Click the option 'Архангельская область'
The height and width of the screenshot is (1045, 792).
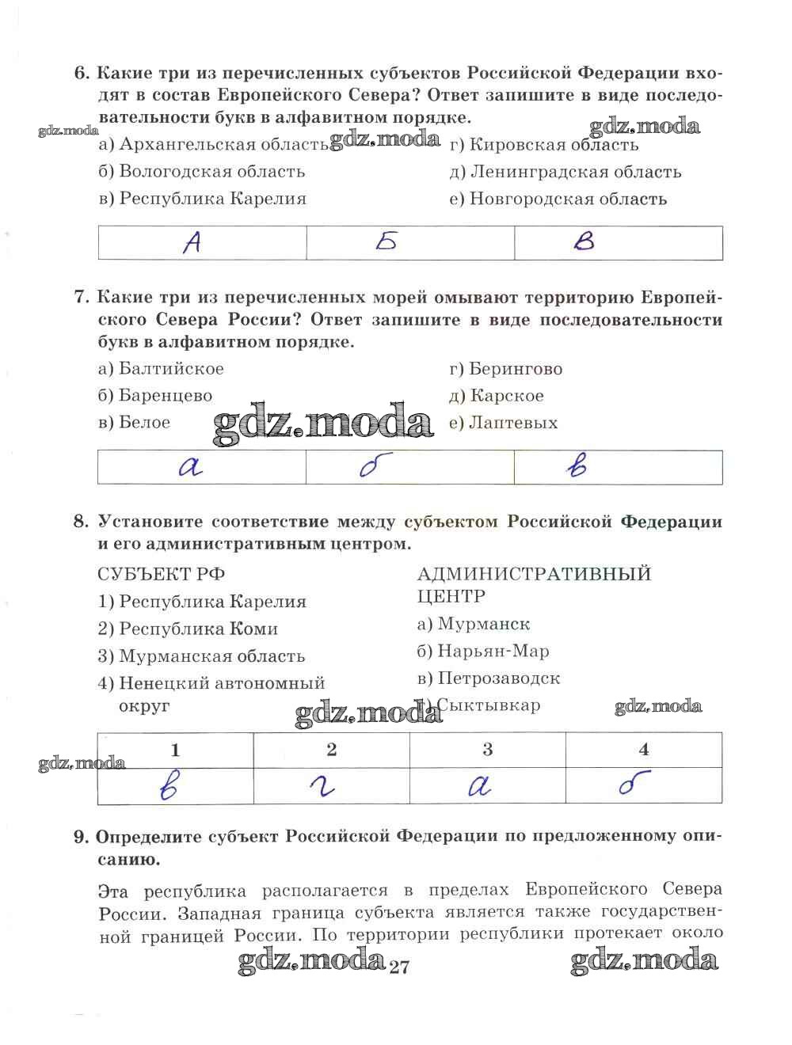(214, 145)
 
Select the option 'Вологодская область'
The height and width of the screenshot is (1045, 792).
(202, 172)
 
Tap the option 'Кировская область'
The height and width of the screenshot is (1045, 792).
(544, 145)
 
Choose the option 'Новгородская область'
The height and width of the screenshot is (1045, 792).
(558, 199)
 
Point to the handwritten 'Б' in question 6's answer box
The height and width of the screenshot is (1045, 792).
(386, 242)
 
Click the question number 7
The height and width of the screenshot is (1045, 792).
(79, 298)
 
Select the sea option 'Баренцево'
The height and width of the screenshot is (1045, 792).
(156, 396)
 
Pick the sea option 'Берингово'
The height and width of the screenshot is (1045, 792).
(506, 369)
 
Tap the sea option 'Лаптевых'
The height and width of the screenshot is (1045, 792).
(504, 423)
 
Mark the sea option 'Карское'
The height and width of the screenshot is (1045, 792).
(497, 396)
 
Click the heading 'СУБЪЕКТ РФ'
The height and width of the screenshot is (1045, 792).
(156, 573)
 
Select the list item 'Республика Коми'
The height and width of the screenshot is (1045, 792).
(188, 629)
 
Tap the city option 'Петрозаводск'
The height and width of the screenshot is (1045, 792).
(489, 678)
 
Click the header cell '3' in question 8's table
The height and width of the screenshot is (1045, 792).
(488, 749)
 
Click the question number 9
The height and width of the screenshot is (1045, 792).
(79, 837)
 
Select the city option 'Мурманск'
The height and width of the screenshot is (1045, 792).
(474, 625)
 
